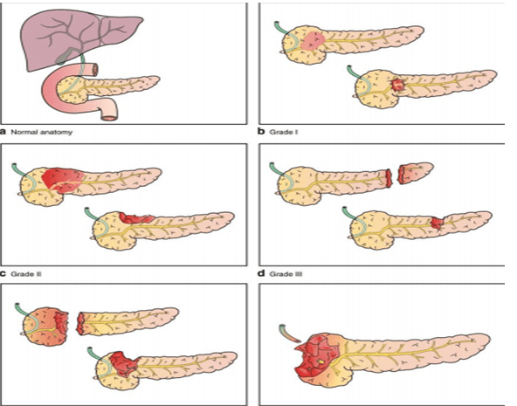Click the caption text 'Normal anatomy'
(42, 132)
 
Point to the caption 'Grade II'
(25, 274)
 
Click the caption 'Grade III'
(286, 274)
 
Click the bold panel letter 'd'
(261, 273)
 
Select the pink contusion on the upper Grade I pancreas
(313, 42)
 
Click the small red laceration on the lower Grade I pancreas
(397, 85)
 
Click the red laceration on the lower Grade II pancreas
(136, 217)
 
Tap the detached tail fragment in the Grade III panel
(415, 172)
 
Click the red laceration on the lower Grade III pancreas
(438, 223)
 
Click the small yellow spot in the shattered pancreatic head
(321, 361)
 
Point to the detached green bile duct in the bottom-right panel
(288, 334)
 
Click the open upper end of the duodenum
(95, 70)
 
